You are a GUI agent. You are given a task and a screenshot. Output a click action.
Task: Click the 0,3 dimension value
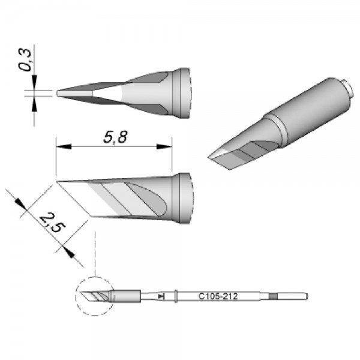tap(25, 59)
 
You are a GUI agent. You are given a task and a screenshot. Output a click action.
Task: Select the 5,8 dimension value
tap(115, 137)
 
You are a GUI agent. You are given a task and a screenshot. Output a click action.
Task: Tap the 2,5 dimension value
tap(53, 222)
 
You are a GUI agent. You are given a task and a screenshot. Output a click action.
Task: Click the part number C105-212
tap(218, 296)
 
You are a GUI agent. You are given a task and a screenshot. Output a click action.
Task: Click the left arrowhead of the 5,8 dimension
tap(64, 146)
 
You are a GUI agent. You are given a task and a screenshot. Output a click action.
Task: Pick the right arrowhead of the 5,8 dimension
tap(164, 146)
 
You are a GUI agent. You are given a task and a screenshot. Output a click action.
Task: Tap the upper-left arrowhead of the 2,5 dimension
tap(20, 205)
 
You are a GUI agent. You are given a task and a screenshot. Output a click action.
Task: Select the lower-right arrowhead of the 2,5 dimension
tap(68, 251)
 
